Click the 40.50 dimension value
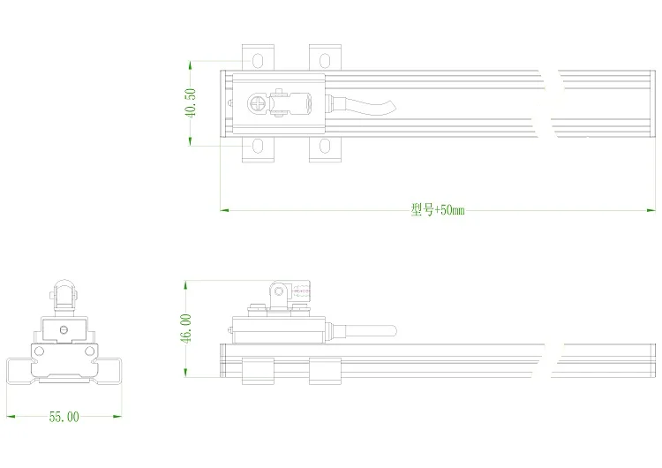point(191,102)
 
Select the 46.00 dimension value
point(186,328)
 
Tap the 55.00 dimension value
point(64,417)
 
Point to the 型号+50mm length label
point(438,209)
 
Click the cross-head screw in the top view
point(256,103)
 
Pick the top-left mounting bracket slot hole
point(258,60)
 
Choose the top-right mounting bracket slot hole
point(325,60)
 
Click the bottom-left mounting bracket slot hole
point(258,147)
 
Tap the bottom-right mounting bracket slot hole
point(325,147)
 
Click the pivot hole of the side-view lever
point(279,291)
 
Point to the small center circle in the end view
point(64,329)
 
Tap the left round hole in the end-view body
point(39,351)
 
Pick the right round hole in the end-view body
point(89,351)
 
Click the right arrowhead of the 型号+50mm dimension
point(651,210)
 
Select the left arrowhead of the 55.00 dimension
point(11,417)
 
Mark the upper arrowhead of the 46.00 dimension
point(185,284)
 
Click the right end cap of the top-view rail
point(652,104)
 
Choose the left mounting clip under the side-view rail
point(258,371)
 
